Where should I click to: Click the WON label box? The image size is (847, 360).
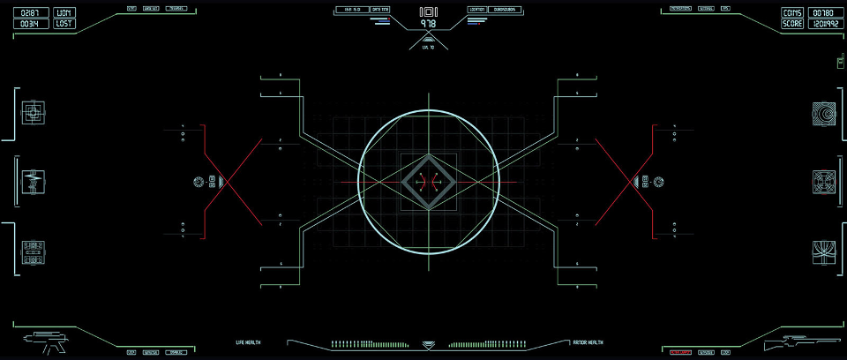coord(64,13)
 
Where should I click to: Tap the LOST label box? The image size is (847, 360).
coord(64,25)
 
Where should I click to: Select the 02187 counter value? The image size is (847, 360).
coord(30,13)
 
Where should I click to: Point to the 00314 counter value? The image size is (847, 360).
coord(30,25)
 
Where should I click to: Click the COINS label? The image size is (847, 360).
coord(792,13)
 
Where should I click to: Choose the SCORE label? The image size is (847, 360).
coord(792,25)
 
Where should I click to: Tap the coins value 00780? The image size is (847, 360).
coord(822,13)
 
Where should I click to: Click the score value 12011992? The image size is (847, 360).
coord(822,25)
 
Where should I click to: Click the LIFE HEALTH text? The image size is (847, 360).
coord(248,342)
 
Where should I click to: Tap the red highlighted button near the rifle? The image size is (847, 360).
coord(679,352)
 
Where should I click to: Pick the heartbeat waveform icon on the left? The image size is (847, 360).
coord(33,182)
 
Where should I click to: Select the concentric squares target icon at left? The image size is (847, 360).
coord(33,112)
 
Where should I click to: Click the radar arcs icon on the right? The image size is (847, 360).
coord(824,113)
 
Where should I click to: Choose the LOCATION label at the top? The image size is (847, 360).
coord(477,10)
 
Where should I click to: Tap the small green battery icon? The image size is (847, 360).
coord(840,62)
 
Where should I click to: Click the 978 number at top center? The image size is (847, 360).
coord(429,25)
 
